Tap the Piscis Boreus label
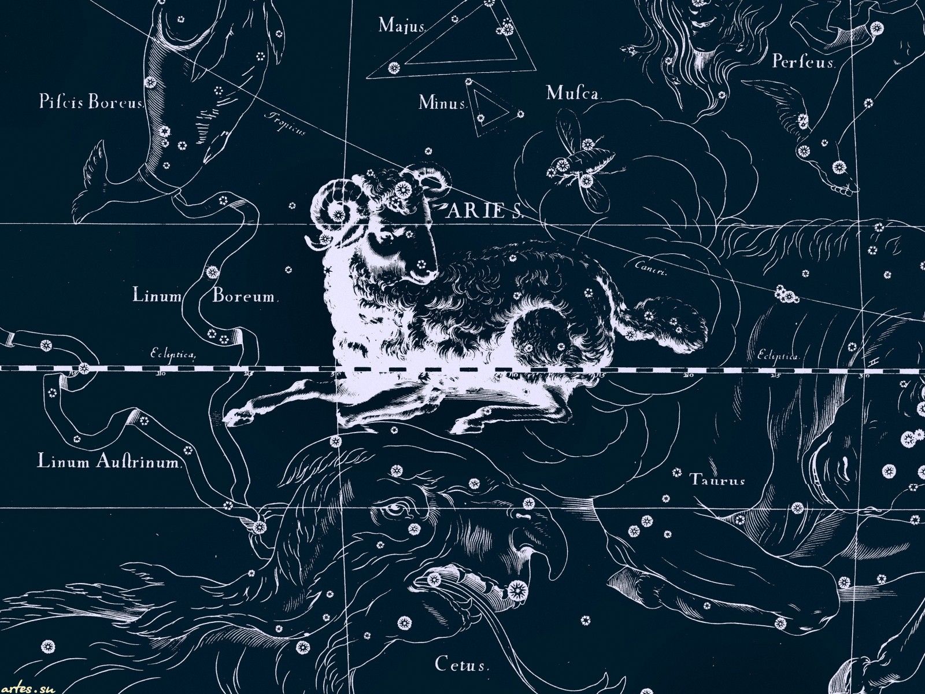[91, 103]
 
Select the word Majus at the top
[402, 25]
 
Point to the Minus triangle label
[442, 104]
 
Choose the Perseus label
[804, 61]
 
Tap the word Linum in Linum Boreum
[157, 296]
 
